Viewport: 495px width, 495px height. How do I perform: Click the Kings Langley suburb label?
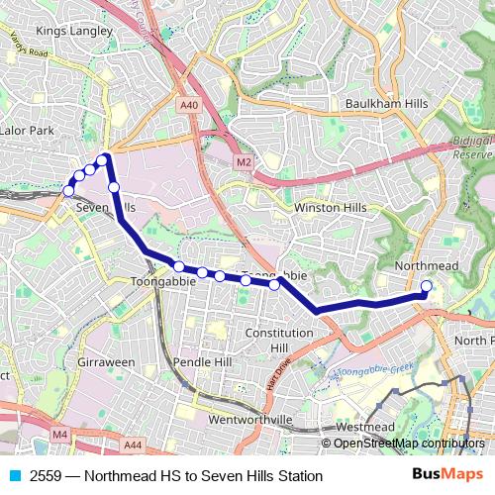click(68, 31)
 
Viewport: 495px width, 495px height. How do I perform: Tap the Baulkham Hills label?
click(386, 104)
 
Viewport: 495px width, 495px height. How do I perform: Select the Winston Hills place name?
click(330, 208)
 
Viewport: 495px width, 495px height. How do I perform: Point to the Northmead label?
click(426, 267)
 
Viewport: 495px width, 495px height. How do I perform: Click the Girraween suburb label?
click(106, 362)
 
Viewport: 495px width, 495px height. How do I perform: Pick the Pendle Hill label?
click(202, 362)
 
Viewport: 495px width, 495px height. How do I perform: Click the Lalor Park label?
click(27, 130)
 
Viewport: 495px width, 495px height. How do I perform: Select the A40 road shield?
click(189, 105)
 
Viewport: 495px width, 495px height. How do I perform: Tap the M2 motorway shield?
click(244, 161)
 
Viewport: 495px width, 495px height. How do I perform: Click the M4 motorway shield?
click(60, 434)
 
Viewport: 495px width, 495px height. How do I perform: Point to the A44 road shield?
click(133, 445)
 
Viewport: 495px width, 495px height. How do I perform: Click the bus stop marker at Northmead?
click(427, 287)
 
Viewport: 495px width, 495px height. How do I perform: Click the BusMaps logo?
click(447, 475)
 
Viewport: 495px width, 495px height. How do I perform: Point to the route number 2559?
click(47, 476)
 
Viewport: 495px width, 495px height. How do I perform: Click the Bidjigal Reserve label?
click(472, 148)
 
